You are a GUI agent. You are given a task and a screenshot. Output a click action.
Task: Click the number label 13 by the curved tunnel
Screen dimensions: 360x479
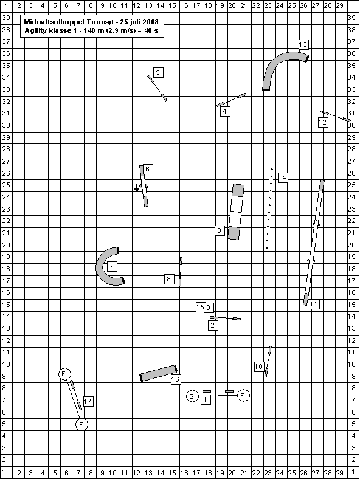[303, 44]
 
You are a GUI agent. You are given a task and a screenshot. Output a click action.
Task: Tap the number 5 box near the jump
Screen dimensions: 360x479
[158, 72]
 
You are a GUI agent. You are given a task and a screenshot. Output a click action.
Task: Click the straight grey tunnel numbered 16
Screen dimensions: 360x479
[158, 373]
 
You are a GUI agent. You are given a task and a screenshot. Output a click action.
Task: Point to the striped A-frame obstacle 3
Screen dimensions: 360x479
[236, 212]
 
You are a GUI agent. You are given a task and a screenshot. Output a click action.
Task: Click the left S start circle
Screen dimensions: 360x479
[192, 396]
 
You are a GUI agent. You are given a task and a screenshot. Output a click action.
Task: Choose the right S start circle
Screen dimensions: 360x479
[243, 396]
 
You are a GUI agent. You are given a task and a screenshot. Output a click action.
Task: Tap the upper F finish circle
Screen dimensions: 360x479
[64, 374]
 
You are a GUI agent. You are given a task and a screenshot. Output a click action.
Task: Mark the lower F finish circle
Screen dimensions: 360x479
[81, 424]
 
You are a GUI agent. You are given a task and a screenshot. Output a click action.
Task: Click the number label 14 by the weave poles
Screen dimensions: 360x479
[283, 177]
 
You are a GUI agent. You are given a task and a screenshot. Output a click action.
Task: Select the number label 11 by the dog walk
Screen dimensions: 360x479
[314, 305]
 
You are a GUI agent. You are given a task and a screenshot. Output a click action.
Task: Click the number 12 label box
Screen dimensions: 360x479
[323, 122]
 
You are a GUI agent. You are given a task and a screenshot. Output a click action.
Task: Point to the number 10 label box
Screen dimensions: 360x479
[259, 367]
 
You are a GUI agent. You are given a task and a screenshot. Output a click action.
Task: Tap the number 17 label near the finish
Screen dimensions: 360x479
[88, 401]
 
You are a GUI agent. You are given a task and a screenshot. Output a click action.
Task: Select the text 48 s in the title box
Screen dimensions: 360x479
[151, 30]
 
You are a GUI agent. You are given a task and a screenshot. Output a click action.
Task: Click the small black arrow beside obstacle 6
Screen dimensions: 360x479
[136, 187]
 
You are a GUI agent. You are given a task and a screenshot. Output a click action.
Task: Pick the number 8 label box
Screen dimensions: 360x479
[169, 279]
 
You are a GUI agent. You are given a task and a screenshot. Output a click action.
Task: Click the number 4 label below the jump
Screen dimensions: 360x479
[225, 111]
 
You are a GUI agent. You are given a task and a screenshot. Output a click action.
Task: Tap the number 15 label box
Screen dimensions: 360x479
[200, 307]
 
